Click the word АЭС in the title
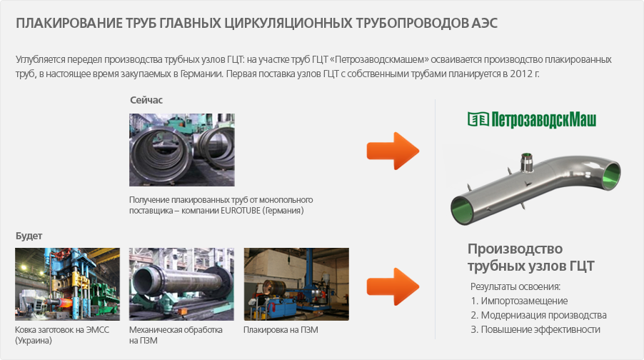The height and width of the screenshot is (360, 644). (484, 23)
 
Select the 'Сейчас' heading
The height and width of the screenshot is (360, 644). (146, 100)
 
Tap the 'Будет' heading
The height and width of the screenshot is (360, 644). (29, 236)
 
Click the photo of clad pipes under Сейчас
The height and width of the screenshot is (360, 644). (182, 150)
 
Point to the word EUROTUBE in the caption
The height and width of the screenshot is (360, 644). (241, 211)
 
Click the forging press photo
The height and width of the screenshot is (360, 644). (67, 284)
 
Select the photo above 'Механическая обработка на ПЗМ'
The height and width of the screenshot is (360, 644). (181, 284)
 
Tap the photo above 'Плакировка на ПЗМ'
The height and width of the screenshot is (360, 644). (296, 284)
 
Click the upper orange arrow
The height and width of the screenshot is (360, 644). (393, 151)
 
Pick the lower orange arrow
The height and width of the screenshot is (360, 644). (393, 286)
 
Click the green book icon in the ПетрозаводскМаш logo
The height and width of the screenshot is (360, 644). (478, 119)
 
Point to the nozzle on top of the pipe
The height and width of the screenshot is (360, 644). (526, 162)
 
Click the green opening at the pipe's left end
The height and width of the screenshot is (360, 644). (463, 211)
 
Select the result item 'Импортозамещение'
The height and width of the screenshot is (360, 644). (524, 301)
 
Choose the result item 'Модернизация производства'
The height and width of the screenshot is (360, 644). (544, 315)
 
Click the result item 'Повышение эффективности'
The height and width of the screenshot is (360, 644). (540, 329)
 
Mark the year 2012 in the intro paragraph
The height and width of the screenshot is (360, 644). (520, 74)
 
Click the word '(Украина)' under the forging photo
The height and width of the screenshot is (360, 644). (34, 341)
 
